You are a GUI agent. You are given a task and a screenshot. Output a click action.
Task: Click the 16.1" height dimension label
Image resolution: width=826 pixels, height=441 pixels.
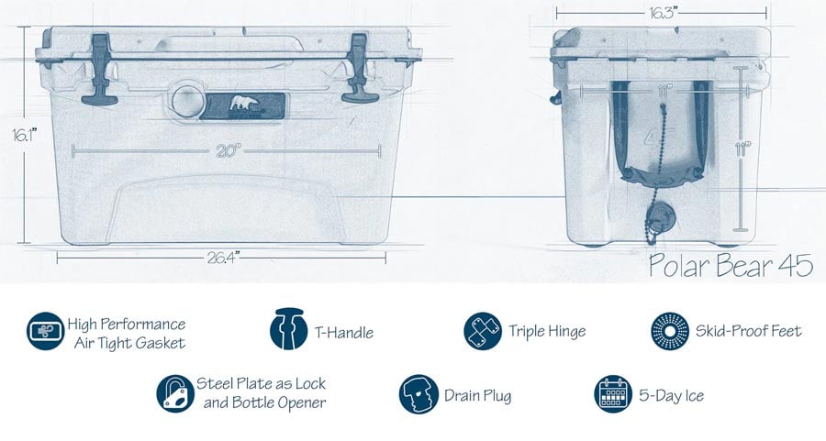[25, 136]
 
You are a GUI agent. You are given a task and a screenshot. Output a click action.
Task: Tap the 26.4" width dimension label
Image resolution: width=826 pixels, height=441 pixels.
[223, 258]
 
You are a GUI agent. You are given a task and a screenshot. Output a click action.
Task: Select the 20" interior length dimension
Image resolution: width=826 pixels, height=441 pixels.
[229, 151]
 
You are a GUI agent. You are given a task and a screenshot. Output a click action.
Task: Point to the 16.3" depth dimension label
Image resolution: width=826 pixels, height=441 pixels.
[662, 13]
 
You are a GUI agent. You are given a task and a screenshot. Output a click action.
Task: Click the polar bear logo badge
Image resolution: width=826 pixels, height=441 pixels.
[243, 105]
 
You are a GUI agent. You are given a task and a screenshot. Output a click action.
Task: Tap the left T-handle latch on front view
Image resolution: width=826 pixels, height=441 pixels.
[100, 70]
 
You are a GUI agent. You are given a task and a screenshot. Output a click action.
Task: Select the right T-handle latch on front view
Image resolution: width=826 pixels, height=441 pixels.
[360, 69]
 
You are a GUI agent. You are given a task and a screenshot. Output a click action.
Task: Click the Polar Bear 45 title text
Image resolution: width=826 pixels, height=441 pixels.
[731, 265]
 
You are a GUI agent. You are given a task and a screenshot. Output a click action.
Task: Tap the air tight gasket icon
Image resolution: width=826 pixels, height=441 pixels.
[45, 331]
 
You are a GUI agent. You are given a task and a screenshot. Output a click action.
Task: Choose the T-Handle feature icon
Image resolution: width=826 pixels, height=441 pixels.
[289, 329]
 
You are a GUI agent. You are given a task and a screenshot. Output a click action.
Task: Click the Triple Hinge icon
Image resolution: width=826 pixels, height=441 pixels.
[483, 331]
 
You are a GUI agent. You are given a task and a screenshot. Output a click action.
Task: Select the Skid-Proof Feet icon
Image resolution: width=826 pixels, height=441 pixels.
[670, 331]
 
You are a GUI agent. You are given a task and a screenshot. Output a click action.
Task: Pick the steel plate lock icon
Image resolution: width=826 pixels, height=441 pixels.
[175, 393]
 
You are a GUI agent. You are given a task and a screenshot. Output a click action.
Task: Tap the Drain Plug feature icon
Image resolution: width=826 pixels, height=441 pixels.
[419, 394]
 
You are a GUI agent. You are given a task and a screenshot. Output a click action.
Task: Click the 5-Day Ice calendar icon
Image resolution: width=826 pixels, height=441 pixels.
[613, 393]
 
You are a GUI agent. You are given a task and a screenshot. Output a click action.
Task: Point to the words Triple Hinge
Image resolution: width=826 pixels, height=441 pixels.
[547, 331]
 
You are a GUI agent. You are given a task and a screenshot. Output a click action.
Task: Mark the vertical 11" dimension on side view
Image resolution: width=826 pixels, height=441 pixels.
[742, 149]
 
